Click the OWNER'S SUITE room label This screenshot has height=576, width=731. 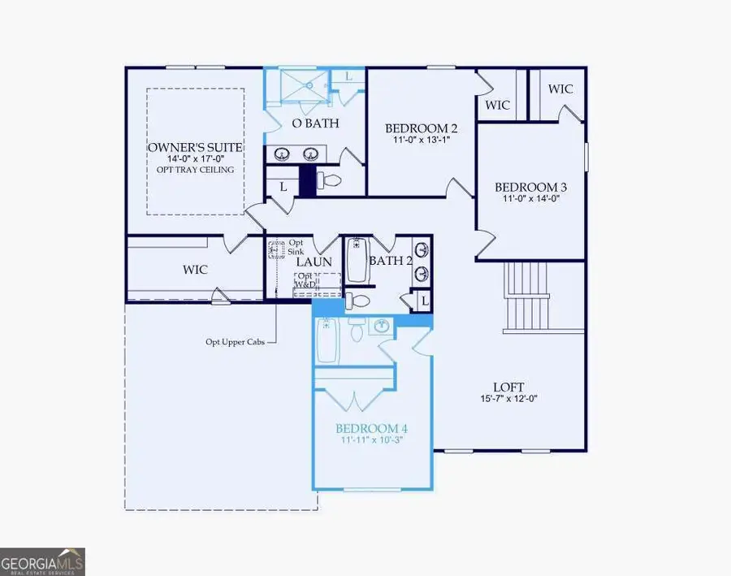(x=195, y=148)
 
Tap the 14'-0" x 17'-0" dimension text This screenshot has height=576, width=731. (x=195, y=159)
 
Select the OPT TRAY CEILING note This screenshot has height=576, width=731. (x=195, y=170)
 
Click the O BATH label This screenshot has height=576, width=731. (x=315, y=123)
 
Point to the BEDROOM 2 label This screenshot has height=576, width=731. (x=421, y=128)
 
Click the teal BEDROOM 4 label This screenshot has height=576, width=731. (x=373, y=428)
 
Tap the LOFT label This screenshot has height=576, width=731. (x=508, y=388)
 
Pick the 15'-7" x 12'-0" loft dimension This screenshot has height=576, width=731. (x=508, y=399)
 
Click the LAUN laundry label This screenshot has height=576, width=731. (x=314, y=262)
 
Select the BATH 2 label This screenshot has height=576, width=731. (x=391, y=261)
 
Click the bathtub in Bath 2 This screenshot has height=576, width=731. (x=357, y=260)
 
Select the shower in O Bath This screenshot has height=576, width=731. (x=298, y=85)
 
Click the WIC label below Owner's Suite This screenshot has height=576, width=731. (x=197, y=269)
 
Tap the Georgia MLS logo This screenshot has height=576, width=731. (x=42, y=561)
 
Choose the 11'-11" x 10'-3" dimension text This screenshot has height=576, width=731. (x=373, y=440)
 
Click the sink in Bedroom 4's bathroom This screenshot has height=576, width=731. (x=382, y=327)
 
